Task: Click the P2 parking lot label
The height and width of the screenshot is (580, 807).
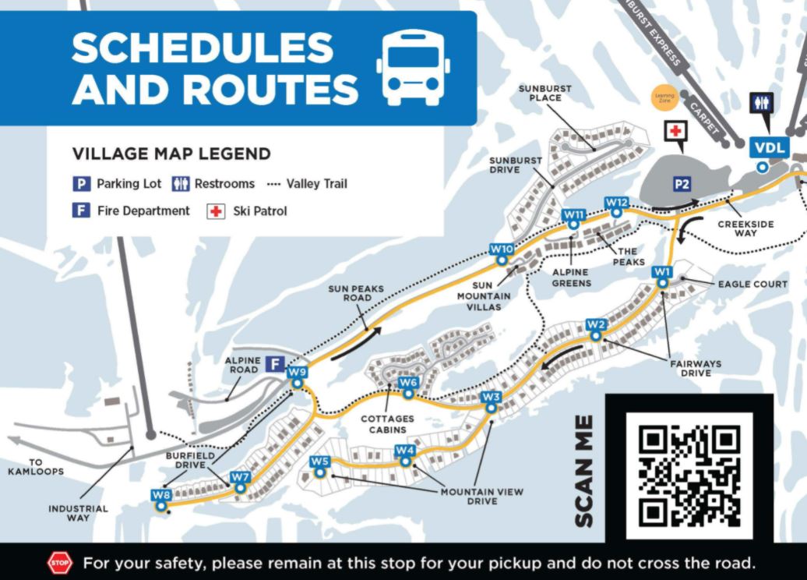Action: click(682, 184)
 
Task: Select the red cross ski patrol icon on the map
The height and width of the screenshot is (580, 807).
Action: click(675, 131)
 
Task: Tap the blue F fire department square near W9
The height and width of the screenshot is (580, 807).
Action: click(273, 363)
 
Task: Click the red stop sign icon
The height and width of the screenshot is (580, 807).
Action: click(60, 562)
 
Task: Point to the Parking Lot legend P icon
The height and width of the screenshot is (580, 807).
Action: click(80, 184)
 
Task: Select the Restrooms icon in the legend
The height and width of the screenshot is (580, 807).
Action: click(181, 184)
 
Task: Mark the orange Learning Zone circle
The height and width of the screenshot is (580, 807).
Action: click(664, 97)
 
